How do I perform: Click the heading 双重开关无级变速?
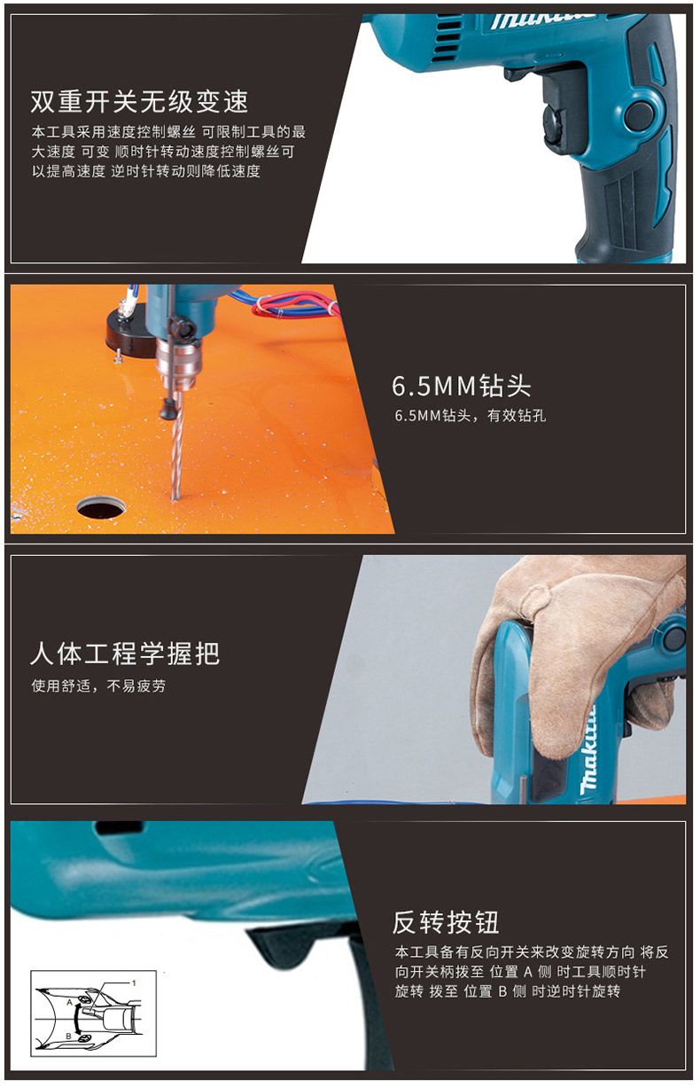139,102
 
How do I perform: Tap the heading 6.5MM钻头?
461,386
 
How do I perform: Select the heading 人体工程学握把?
125,654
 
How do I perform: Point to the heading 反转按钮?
445,922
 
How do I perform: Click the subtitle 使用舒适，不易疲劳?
98,685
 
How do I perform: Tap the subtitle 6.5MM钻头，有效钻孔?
471,416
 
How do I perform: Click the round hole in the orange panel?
101,507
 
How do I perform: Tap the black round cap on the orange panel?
127,333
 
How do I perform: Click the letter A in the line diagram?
69,1002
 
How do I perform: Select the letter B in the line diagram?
68,1036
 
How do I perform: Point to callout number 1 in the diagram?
134,982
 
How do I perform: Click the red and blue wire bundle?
292,303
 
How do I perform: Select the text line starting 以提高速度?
146,171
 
